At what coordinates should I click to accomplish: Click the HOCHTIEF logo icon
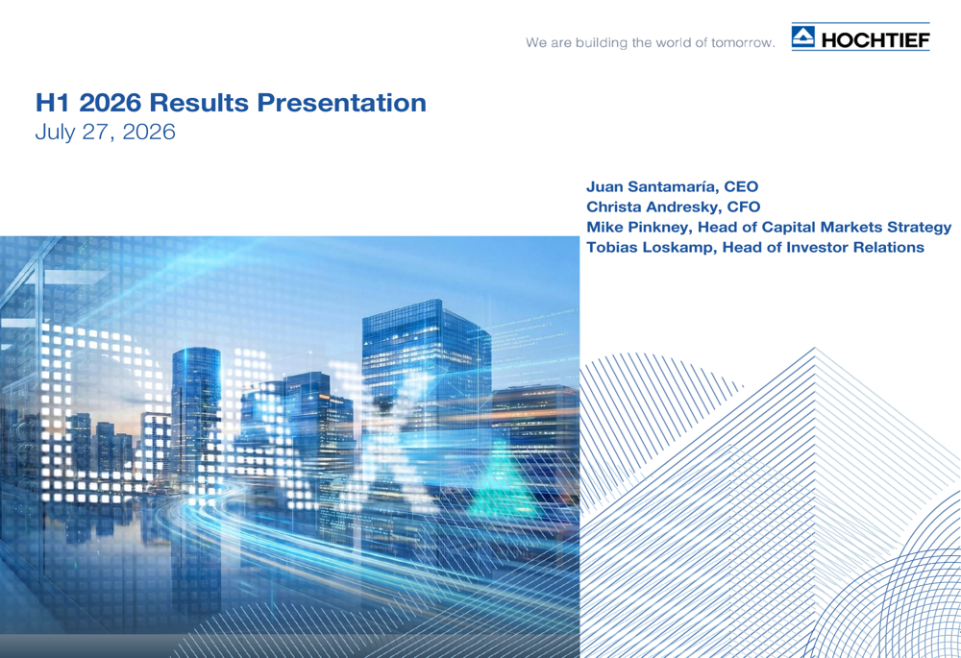coord(802,37)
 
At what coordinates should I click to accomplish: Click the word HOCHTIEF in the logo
coord(875,40)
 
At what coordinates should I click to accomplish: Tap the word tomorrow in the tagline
coord(743,43)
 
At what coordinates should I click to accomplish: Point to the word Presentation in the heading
coord(341,103)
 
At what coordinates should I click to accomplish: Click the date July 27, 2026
coord(106,132)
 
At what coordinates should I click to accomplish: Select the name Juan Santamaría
coord(653,186)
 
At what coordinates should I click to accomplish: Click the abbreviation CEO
coord(741,186)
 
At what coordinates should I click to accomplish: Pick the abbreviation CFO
coord(744,207)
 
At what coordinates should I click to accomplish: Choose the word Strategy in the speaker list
coord(920,228)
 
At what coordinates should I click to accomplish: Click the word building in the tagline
coord(593,43)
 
